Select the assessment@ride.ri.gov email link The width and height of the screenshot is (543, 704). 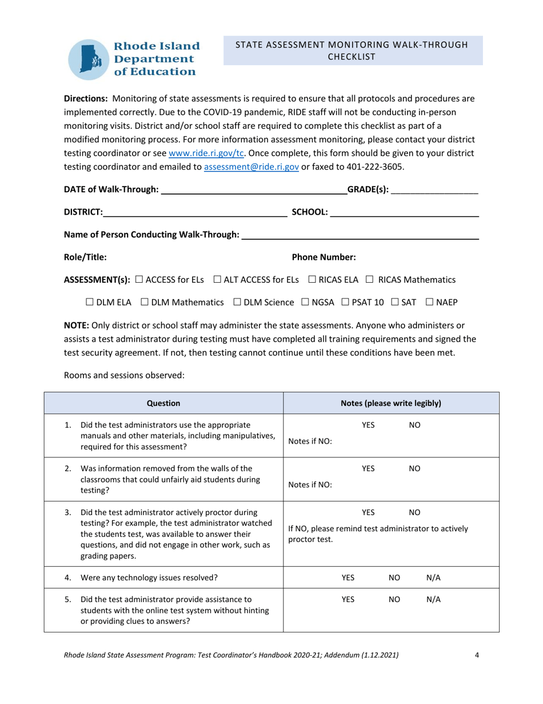[x=251, y=167]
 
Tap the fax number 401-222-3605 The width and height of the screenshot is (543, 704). [x=377, y=167]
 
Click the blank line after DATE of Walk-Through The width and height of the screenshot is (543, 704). [x=254, y=190]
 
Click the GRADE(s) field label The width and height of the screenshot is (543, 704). [x=368, y=190]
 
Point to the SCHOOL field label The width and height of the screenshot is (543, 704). [x=310, y=212]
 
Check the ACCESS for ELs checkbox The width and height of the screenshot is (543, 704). [x=139, y=280]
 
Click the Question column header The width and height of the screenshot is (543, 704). [x=163, y=403]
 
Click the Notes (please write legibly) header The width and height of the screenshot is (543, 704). [x=391, y=403]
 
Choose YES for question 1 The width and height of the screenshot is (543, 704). [x=369, y=425]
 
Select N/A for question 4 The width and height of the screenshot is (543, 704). [x=434, y=578]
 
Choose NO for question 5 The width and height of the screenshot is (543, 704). [x=394, y=599]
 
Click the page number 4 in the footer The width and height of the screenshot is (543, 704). [x=477, y=655]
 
